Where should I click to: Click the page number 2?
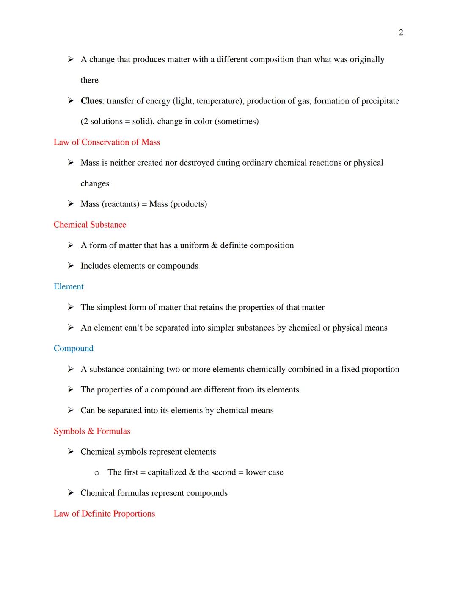(401, 33)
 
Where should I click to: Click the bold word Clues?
(91, 101)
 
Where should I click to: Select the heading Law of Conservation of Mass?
(107, 142)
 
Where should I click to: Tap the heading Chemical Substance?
(90, 225)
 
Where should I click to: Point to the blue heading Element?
(69, 286)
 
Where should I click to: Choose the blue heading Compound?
(73, 348)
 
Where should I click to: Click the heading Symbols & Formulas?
(92, 431)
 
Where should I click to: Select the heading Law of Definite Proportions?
(104, 514)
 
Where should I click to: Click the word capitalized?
(167, 472)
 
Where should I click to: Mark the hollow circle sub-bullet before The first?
(97, 473)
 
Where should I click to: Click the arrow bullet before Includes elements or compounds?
(71, 266)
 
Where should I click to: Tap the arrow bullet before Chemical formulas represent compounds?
(71, 493)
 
